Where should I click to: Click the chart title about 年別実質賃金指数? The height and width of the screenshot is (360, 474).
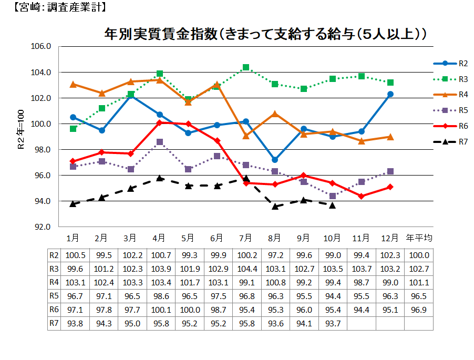point(264,35)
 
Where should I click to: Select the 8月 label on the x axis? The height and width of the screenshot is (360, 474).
point(275,238)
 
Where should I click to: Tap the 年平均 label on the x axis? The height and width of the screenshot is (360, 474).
point(419,238)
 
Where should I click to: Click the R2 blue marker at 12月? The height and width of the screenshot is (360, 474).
point(390,94)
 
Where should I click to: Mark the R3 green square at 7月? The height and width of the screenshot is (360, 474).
point(246,67)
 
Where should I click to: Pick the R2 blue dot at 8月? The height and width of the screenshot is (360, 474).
point(275,160)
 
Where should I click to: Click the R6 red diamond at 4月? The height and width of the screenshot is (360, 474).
point(160,122)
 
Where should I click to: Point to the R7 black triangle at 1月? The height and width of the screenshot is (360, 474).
point(73,203)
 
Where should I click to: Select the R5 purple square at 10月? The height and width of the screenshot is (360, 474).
point(333,196)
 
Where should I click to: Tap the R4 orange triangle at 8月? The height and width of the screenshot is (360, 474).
point(275,114)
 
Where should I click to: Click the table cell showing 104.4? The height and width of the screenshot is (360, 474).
point(246,269)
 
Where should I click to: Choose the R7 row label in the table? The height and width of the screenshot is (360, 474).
point(53,323)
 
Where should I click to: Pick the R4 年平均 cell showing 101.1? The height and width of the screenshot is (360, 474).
point(419,282)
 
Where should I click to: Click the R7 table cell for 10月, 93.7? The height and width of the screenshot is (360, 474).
point(333,323)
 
